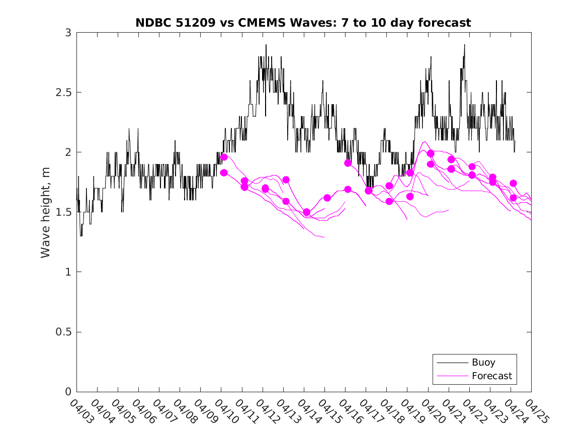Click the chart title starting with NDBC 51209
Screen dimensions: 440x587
[x=303, y=23]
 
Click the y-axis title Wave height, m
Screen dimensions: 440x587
[x=46, y=212]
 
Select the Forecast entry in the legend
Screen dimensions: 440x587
[x=491, y=376]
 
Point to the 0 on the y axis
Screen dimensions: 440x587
[x=68, y=392]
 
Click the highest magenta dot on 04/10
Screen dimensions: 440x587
[x=224, y=157]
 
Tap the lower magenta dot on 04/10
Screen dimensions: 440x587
[x=224, y=172]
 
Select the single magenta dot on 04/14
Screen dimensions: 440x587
[x=306, y=212]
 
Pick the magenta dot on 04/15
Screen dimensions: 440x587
[x=327, y=198]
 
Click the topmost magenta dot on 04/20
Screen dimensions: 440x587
[x=431, y=153]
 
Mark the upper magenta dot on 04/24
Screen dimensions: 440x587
[x=513, y=184]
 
